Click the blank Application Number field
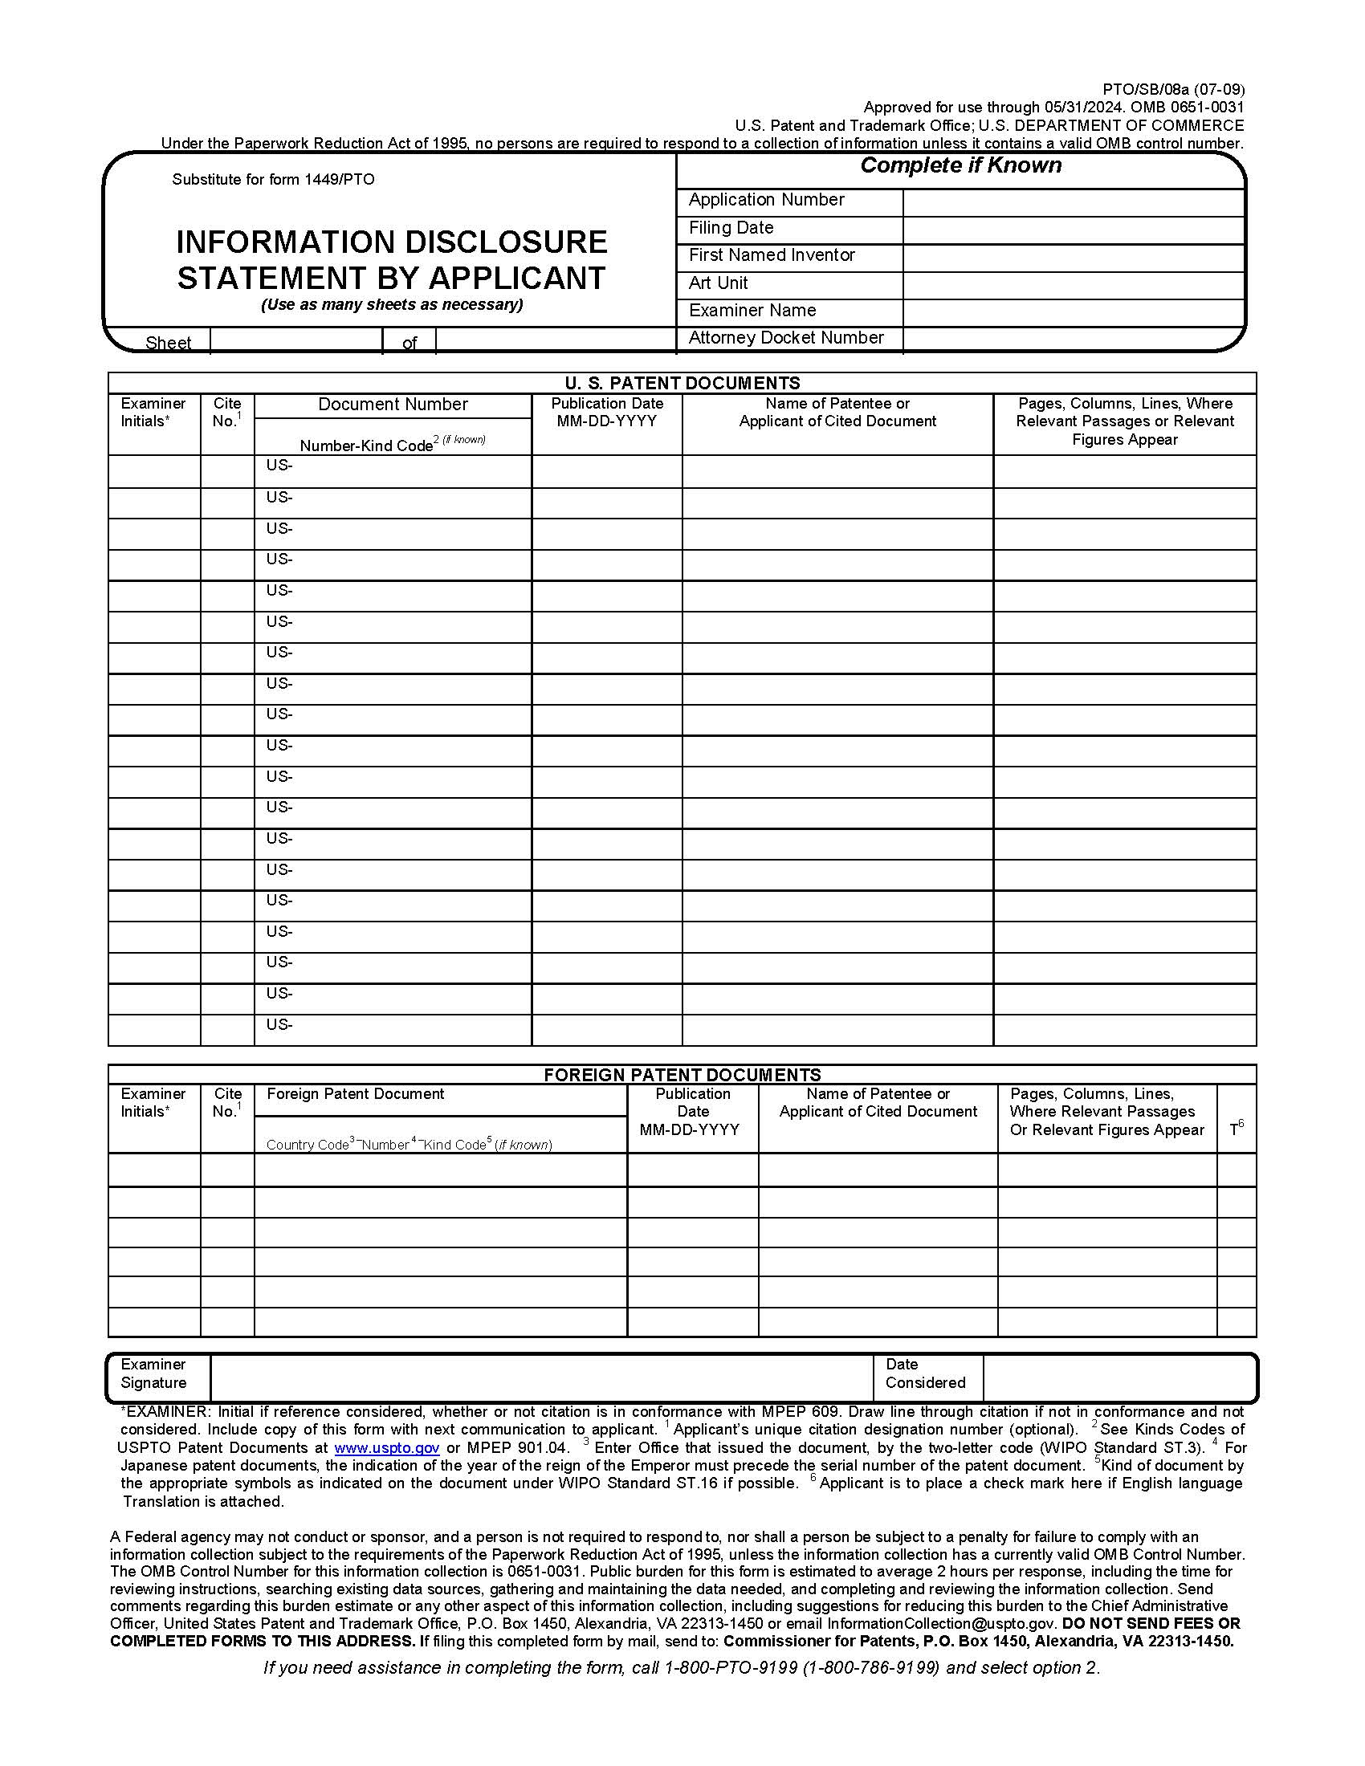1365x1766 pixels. pyautogui.click(x=1072, y=201)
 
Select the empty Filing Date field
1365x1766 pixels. pyautogui.click(x=1072, y=230)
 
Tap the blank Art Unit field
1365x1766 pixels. pyautogui.click(x=1072, y=285)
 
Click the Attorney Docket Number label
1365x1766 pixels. pyautogui.click(x=785, y=338)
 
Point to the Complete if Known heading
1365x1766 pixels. pyautogui.click(x=960, y=166)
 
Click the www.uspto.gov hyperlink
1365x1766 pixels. pyautogui.click(x=386, y=1448)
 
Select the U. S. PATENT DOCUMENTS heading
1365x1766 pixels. pyautogui.click(x=682, y=382)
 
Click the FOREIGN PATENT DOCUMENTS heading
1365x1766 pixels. pyautogui.click(x=682, y=1075)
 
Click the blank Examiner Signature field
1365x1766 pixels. pyautogui.click(x=540, y=1377)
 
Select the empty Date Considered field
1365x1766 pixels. pyautogui.click(x=1118, y=1377)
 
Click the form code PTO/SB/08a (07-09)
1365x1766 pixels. pyautogui.click(x=1173, y=89)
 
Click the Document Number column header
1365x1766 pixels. pyautogui.click(x=392, y=405)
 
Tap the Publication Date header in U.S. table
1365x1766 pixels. pyautogui.click(x=606, y=412)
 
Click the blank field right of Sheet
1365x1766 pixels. pyautogui.click(x=295, y=341)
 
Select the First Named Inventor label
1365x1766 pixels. pyautogui.click(x=772, y=255)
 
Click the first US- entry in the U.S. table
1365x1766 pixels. pyautogui.click(x=279, y=466)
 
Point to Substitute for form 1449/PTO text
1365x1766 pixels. pyautogui.click(x=273, y=180)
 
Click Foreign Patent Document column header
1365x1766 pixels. pyautogui.click(x=355, y=1094)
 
